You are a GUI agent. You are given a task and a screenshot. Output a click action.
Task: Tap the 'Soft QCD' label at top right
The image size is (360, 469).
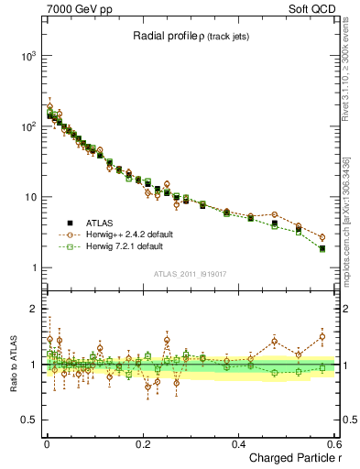(x=316, y=8)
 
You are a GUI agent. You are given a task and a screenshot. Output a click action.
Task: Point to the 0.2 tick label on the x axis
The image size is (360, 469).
(x=142, y=444)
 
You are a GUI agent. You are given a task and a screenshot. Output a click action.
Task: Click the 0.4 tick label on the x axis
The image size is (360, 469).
(x=238, y=444)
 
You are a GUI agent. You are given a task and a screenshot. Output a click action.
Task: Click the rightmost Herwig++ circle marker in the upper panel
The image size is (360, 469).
(x=322, y=237)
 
